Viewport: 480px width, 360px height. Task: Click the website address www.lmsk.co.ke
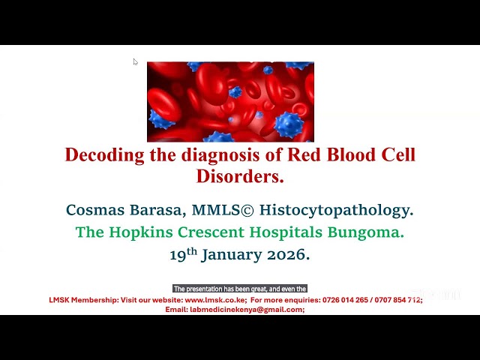[x=215, y=300]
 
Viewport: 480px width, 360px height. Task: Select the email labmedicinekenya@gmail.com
[x=246, y=309]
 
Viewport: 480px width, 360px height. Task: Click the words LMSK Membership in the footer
[x=82, y=300]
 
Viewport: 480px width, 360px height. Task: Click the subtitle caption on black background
[x=240, y=289]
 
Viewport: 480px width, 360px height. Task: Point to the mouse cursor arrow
[x=135, y=61]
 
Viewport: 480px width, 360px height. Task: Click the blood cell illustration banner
[x=230, y=101]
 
